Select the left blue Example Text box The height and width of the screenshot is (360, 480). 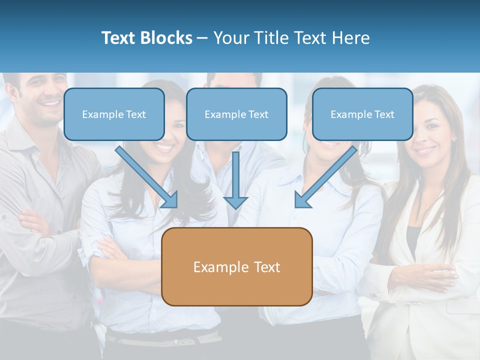[114, 114]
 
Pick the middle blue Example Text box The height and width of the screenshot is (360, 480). [236, 114]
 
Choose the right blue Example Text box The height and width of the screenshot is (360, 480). [362, 114]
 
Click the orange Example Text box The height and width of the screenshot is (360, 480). [237, 266]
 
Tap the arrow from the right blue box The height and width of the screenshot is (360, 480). [325, 178]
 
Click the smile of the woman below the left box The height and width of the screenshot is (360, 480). [165, 148]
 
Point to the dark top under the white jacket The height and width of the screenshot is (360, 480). [412, 240]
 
